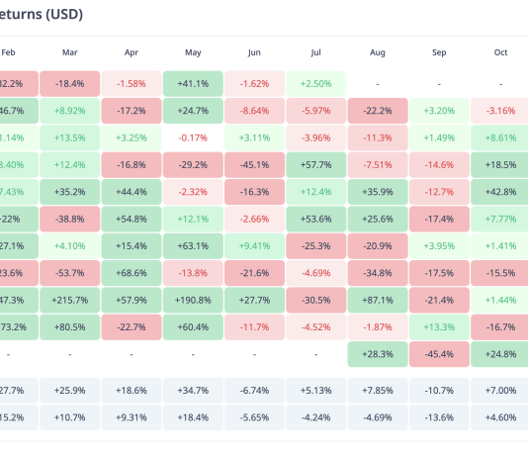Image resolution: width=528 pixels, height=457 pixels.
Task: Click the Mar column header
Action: pos(69,51)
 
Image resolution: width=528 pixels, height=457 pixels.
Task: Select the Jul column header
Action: pos(315,51)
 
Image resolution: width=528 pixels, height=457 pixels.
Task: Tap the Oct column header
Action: pos(500,51)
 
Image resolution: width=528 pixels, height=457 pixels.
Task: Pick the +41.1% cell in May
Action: pos(193,84)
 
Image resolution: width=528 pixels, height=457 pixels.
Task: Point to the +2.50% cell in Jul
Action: pos(315,84)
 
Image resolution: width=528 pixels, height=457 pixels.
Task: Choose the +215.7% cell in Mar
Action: pos(69,299)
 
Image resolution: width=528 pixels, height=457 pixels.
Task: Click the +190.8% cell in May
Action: pos(193,299)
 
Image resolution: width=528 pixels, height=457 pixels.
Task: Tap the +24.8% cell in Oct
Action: pos(500,352)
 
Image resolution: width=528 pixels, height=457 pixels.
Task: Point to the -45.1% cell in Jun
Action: pos(254,164)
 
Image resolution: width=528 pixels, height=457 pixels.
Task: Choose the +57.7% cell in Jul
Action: pos(315,164)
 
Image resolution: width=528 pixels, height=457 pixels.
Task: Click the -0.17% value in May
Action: pos(193,137)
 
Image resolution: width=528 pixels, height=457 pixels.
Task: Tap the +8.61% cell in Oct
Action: pos(500,137)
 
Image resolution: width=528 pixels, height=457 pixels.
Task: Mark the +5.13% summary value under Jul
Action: pos(315,391)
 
